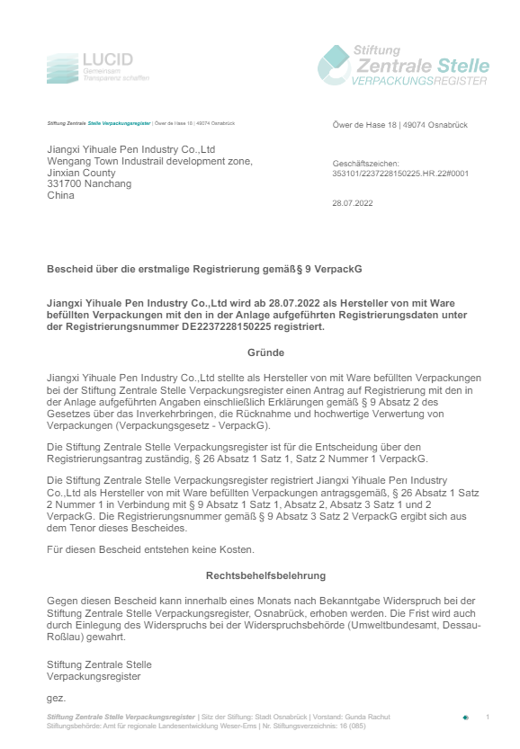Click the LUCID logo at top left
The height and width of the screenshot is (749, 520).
(97, 67)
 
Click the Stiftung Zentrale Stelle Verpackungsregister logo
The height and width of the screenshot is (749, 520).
(403, 66)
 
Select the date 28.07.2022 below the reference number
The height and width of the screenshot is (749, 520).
(353, 203)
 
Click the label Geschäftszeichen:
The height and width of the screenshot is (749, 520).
(359, 164)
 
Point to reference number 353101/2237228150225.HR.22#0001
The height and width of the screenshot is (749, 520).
(400, 173)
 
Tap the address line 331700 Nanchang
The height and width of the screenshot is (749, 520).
(89, 183)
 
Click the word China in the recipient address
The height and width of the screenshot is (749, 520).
(60, 194)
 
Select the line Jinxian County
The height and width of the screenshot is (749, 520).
(81, 173)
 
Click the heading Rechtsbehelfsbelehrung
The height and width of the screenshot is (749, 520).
(265, 575)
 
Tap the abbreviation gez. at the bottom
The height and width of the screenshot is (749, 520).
(56, 697)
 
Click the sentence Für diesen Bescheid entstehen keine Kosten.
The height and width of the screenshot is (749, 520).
(139, 549)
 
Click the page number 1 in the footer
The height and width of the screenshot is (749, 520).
(487, 717)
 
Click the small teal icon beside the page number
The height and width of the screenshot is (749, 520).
(465, 718)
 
